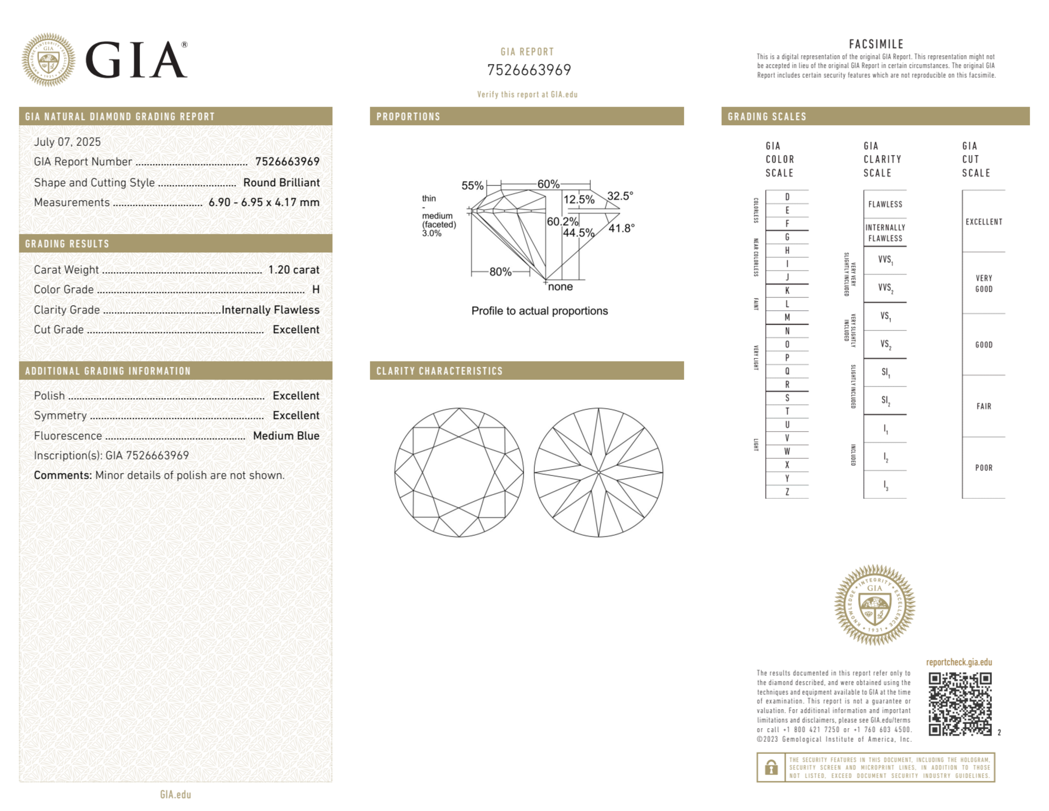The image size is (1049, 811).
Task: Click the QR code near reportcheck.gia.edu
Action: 959,704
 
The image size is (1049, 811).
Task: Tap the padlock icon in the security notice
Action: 771,767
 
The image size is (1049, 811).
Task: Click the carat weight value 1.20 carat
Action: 294,270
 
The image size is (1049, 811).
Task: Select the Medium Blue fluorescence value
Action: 286,435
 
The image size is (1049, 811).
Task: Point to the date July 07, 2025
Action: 67,142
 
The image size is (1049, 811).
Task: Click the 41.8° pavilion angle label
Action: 621,228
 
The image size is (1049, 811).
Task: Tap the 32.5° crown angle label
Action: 620,196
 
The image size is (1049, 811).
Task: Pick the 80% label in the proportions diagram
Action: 500,272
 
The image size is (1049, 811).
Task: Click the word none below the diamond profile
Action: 560,286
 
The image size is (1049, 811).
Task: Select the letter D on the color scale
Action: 787,197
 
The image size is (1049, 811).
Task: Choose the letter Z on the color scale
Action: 787,492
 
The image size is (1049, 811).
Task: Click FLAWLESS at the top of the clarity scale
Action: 885,204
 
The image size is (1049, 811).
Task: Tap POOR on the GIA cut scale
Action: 983,467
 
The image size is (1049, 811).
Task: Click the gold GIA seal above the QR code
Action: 874,604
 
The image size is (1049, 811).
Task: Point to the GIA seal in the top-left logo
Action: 48,60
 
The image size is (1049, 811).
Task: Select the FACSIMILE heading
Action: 875,44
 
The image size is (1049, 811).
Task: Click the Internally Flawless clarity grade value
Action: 270,310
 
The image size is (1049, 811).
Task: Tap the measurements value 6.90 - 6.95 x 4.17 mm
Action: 264,202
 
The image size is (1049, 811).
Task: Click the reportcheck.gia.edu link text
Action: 959,662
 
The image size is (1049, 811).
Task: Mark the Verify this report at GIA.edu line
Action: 527,94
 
